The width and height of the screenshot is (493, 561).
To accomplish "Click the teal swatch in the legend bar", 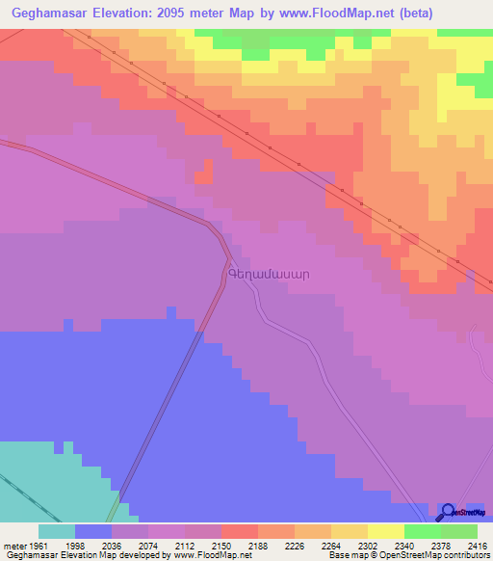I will (x=56, y=531).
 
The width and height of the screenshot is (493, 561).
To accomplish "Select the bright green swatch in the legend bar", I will (x=422, y=531).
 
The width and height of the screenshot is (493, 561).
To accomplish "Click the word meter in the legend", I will (x=12, y=546).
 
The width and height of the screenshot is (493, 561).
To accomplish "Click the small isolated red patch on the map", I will (x=202, y=176).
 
